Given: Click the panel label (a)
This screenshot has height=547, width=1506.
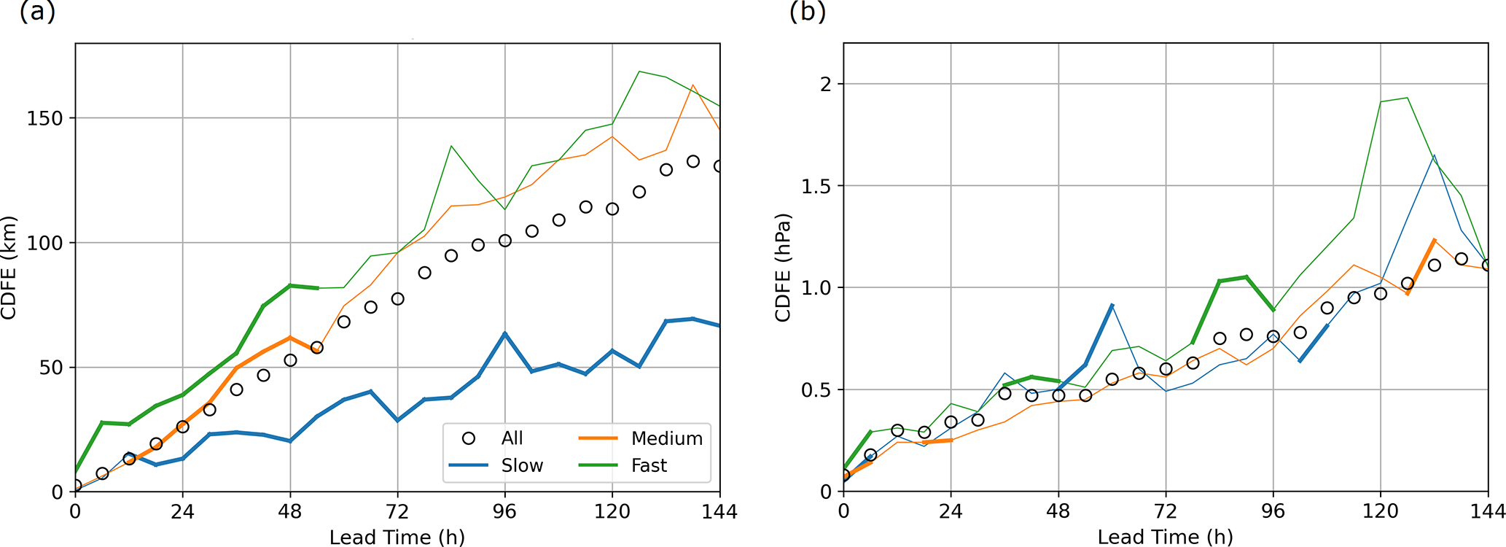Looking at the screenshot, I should click(37, 12).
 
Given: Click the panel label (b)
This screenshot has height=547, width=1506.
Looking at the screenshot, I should click(807, 12).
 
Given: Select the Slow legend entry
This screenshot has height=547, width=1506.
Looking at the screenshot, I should click(522, 465).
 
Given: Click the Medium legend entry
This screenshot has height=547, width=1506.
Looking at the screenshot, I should click(666, 438).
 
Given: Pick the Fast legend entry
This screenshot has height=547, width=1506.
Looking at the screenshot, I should click(649, 465).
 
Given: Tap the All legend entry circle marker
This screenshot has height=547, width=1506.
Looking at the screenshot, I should click(469, 438).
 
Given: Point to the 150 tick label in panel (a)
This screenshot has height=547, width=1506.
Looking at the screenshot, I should click(45, 118).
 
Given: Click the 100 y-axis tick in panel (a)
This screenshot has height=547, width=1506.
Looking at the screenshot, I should click(45, 243).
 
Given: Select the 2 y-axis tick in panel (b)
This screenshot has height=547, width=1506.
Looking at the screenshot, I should click(825, 84).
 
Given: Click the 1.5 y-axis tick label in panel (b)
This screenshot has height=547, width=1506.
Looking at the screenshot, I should click(816, 186).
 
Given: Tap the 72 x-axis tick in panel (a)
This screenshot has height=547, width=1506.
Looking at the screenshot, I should click(397, 511).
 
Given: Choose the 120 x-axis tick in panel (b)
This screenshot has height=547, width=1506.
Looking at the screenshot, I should click(1380, 511).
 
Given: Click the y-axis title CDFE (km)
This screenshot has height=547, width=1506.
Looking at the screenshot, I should click(9, 268).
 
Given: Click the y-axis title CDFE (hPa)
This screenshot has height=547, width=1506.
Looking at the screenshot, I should click(783, 268).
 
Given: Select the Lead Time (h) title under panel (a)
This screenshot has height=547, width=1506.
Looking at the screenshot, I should click(397, 538).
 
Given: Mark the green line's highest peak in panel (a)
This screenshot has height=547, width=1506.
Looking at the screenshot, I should click(639, 71).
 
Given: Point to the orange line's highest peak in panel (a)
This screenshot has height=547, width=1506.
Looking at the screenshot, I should click(693, 85).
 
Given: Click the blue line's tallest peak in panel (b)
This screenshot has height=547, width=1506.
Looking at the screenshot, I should click(1434, 155).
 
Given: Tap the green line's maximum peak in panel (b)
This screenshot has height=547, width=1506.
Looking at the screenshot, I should click(1407, 98).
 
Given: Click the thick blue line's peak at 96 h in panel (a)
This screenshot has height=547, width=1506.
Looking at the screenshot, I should click(504, 333).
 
